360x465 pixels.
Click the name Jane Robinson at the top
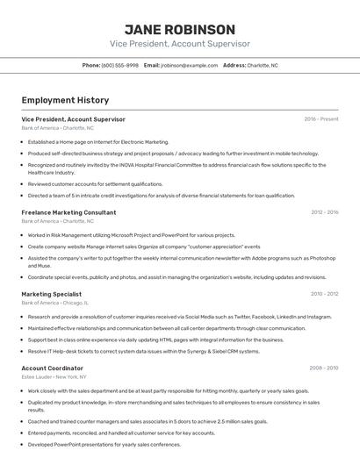pos(179,29)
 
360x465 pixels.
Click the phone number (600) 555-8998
pos(120,65)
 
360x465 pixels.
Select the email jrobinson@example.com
pos(189,65)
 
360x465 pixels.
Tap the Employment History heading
pos(65,100)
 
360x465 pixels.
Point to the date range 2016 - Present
pos(320,118)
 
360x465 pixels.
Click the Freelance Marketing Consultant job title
pos(68,212)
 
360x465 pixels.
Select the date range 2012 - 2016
pos(324,212)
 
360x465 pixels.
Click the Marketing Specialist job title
pos(52,294)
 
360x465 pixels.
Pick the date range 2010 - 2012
pos(324,294)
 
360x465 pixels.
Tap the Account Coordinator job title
pos(53,368)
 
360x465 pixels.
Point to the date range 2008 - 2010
pos(324,368)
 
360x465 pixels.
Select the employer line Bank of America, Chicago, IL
pos(61,303)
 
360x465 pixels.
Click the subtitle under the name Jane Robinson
pos(179,44)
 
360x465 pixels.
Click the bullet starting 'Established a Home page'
pos(98,141)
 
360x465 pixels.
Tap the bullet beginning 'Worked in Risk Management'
pos(132,235)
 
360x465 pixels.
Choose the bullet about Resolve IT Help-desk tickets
pos(144,351)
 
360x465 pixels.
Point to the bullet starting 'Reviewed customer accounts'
pos(96,184)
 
